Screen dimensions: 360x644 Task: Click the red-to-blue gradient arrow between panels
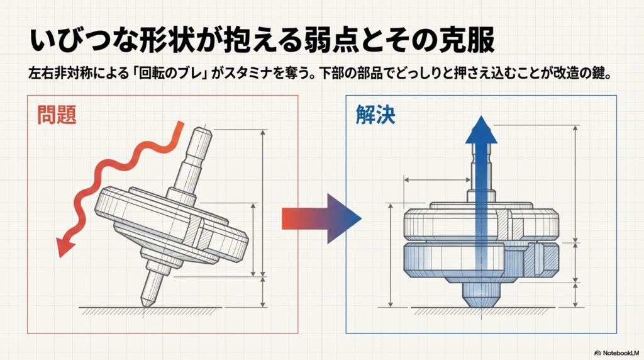pyautogui.click(x=321, y=218)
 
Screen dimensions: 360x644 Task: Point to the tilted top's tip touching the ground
pyautogui.click(x=146, y=303)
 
